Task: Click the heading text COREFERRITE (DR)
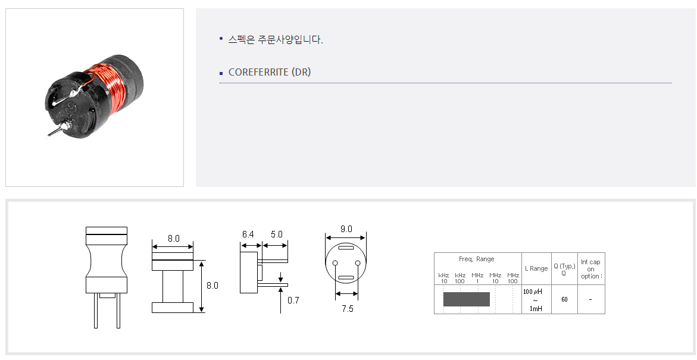pos(270,72)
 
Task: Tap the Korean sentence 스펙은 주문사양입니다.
pos(276,39)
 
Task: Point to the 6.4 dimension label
pos(248,234)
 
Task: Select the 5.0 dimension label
pos(277,234)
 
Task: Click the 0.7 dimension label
pos(293,300)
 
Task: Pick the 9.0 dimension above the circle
pos(346,229)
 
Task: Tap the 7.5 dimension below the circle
pos(348,309)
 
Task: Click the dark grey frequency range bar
pos(466,299)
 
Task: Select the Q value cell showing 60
pos(564,299)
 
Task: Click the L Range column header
pos(536,268)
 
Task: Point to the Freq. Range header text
pos(477,259)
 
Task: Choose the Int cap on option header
pos(591,269)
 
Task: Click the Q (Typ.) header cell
pos(564,270)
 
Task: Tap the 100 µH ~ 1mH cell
pos(536,299)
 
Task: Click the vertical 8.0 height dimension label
pos(212,286)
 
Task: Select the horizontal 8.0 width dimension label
pos(174,239)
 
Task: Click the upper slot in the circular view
pos(346,248)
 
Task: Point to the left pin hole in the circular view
pos(335,263)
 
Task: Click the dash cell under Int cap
pos(590,299)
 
